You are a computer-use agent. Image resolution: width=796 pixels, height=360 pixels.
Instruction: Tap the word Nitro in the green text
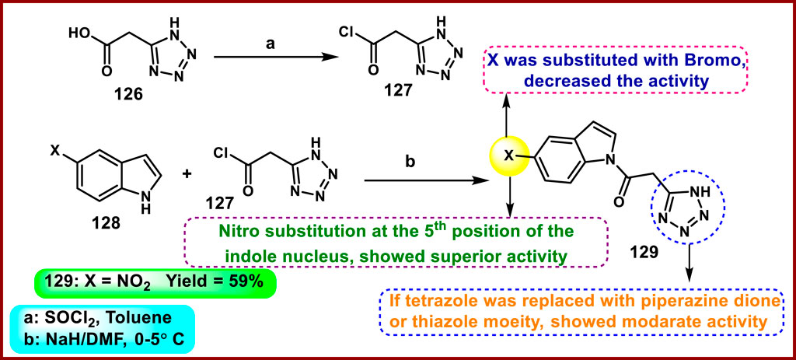239,231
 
